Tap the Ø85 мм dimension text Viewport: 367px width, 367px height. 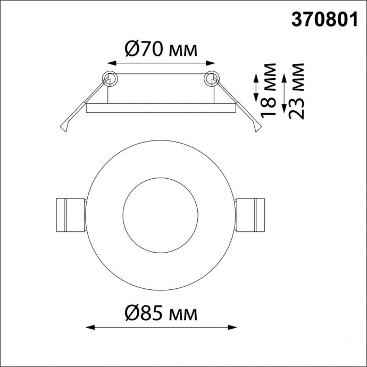click(x=161, y=313)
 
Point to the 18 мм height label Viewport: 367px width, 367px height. click(x=270, y=90)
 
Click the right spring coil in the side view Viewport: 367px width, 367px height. click(x=211, y=78)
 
